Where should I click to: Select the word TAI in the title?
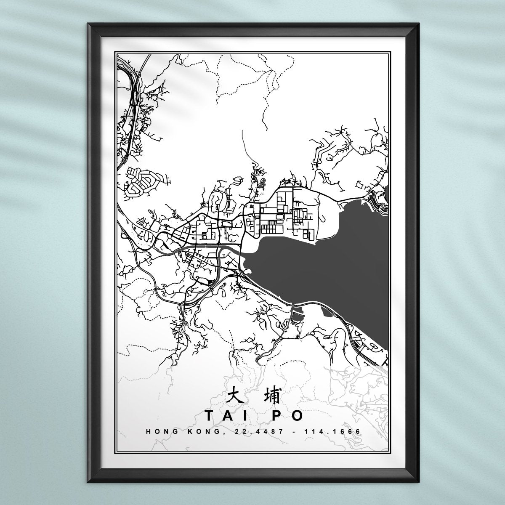pyautogui.click(x=223, y=416)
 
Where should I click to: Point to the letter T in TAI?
pyautogui.click(x=209, y=416)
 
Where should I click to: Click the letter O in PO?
pyautogui.click(x=297, y=416)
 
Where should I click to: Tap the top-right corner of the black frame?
pyautogui.click(x=420, y=24)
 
